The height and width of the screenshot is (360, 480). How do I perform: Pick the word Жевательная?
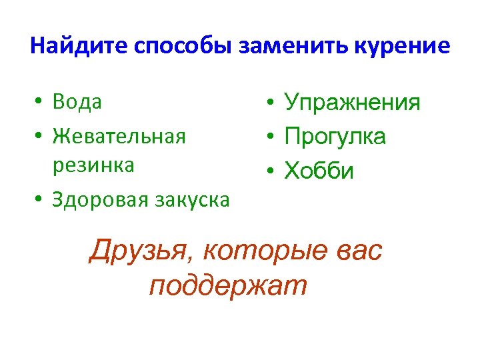[119, 136]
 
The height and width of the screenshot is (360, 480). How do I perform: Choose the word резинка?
[94, 165]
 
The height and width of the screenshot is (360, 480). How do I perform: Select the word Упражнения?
[352, 103]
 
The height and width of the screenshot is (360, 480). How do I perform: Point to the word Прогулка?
[335, 137]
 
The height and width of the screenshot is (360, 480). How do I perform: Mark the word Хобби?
[319, 171]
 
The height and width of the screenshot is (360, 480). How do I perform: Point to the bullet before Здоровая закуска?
[40, 199]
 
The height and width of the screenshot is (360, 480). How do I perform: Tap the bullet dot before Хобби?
[267, 171]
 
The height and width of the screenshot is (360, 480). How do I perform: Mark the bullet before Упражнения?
[267, 103]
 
